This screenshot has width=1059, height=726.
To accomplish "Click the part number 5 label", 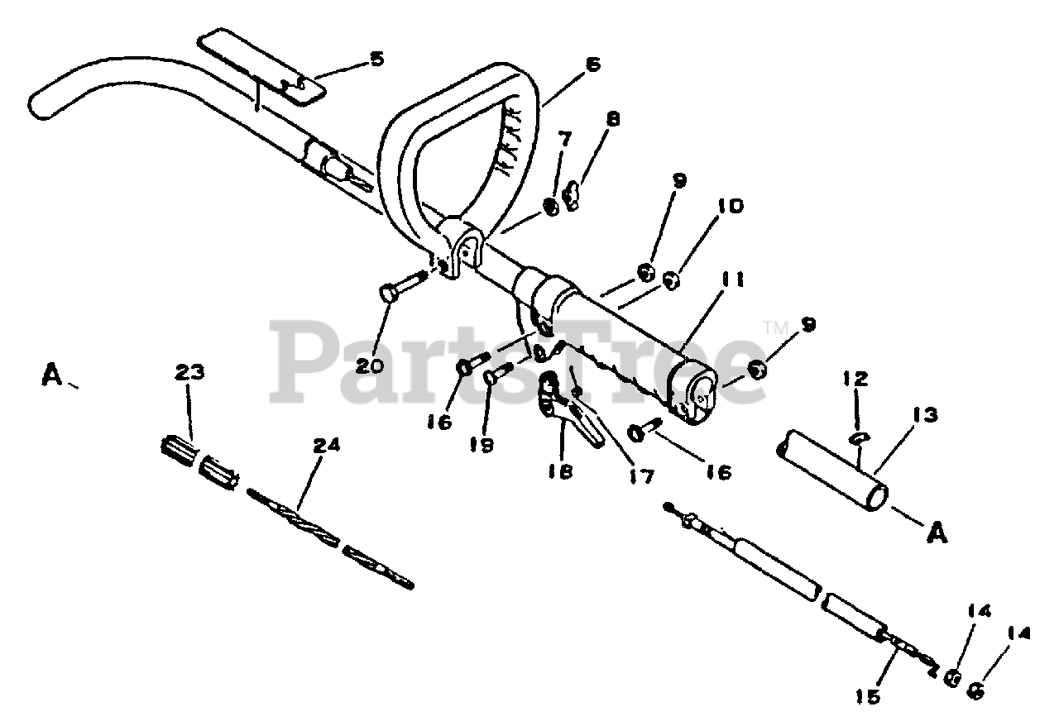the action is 376,60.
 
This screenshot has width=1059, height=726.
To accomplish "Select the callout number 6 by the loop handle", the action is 592,64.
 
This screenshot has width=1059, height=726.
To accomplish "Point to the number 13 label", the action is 926,416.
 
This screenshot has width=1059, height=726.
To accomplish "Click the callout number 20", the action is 370,364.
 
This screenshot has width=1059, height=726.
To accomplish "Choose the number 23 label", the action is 190,374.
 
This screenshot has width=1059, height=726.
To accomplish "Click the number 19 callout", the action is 482,445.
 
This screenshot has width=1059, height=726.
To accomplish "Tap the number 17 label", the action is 640,476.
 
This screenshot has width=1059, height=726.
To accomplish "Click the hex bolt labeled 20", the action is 392,291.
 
